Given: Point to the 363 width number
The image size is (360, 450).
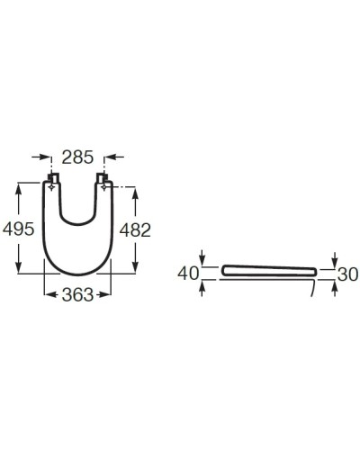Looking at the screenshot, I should [77, 296].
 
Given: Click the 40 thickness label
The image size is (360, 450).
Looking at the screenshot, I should [188, 273].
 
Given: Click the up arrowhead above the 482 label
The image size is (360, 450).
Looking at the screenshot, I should [137, 192].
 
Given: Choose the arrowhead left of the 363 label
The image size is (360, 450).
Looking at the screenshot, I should [48, 294].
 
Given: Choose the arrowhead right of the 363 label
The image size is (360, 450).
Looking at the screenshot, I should [110, 294].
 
